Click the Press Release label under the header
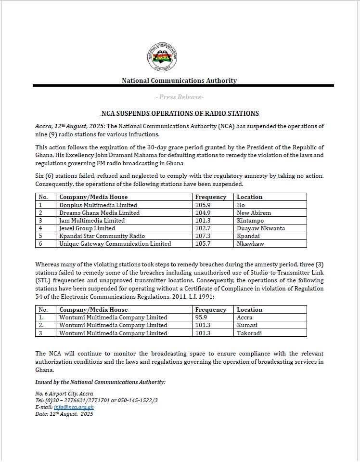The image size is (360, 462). [x=180, y=97]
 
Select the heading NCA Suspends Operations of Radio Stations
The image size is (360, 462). [x=180, y=113]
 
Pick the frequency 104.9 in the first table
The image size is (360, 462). [x=202, y=212]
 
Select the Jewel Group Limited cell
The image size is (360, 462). [x=87, y=228]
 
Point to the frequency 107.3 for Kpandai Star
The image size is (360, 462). [x=202, y=236]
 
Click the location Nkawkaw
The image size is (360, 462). [x=249, y=243]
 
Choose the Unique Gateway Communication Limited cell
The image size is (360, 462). [x=115, y=243]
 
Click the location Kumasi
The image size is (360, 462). [x=247, y=325]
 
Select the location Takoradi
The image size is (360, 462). [x=249, y=333]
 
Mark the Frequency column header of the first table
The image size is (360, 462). [x=210, y=197]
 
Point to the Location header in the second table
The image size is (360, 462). [x=249, y=310]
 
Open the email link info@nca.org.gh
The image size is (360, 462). [x=74, y=407]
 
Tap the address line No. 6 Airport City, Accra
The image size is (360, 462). [x=64, y=393]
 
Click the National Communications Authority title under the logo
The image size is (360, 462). [x=179, y=80]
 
